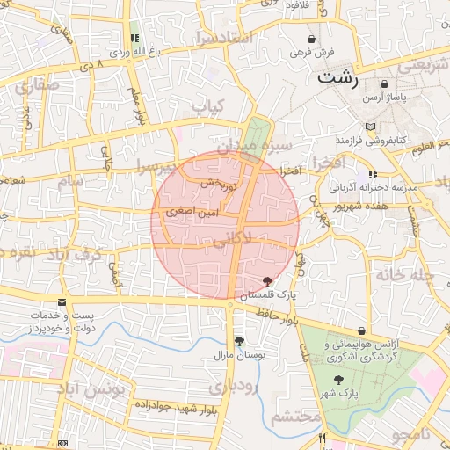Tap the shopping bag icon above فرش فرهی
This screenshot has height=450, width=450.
pos(312,39)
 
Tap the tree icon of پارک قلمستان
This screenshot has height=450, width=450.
pos(267,280)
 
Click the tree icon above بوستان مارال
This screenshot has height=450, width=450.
pos(238,341)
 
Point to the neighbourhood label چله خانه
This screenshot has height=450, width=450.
pos(405,273)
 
